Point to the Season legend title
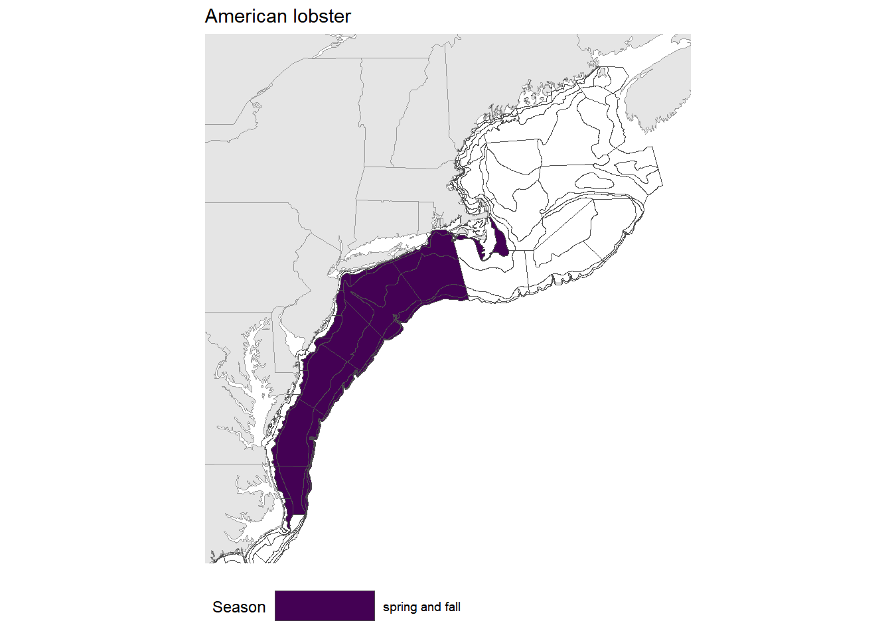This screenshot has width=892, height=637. pos(239,607)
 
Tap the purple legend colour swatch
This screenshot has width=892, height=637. pos(325,606)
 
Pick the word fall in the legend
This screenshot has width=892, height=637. pos(453,607)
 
